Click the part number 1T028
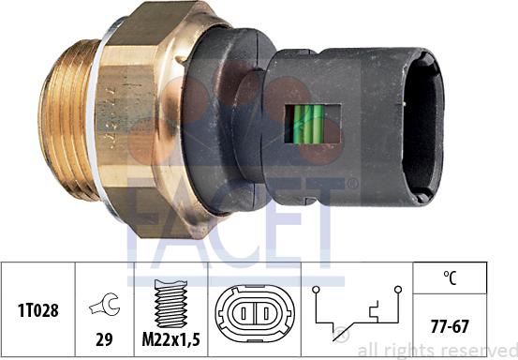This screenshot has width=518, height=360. [x=38, y=310]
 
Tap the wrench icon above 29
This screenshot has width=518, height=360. [x=105, y=305]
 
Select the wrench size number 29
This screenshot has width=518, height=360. [x=104, y=339]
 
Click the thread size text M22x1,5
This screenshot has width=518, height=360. [x=170, y=339]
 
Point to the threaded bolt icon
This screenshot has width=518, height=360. [x=170, y=304]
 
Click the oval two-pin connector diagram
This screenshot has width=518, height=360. [x=255, y=313]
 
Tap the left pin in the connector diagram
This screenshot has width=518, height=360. [x=244, y=313]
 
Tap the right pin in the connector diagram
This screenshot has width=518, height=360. [x=266, y=313]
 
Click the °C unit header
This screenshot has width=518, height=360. [x=450, y=277]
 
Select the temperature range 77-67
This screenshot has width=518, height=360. [x=450, y=326]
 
